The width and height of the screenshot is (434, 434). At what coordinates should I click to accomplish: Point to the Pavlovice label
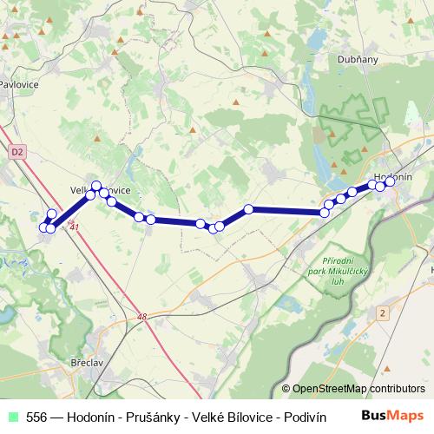[x=17, y=85]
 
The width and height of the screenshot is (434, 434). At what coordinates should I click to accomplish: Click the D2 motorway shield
[x=17, y=151]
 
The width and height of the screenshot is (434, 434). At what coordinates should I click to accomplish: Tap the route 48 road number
[x=142, y=318]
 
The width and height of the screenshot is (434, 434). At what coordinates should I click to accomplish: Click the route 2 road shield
[x=382, y=312]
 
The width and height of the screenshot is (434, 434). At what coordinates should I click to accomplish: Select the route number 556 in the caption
[x=37, y=416]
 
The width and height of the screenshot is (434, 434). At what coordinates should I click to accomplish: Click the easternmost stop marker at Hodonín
[x=391, y=181]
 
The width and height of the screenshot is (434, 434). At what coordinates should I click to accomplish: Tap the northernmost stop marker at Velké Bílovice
[x=96, y=186]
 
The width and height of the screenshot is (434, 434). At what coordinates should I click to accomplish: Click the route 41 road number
[x=75, y=227]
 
